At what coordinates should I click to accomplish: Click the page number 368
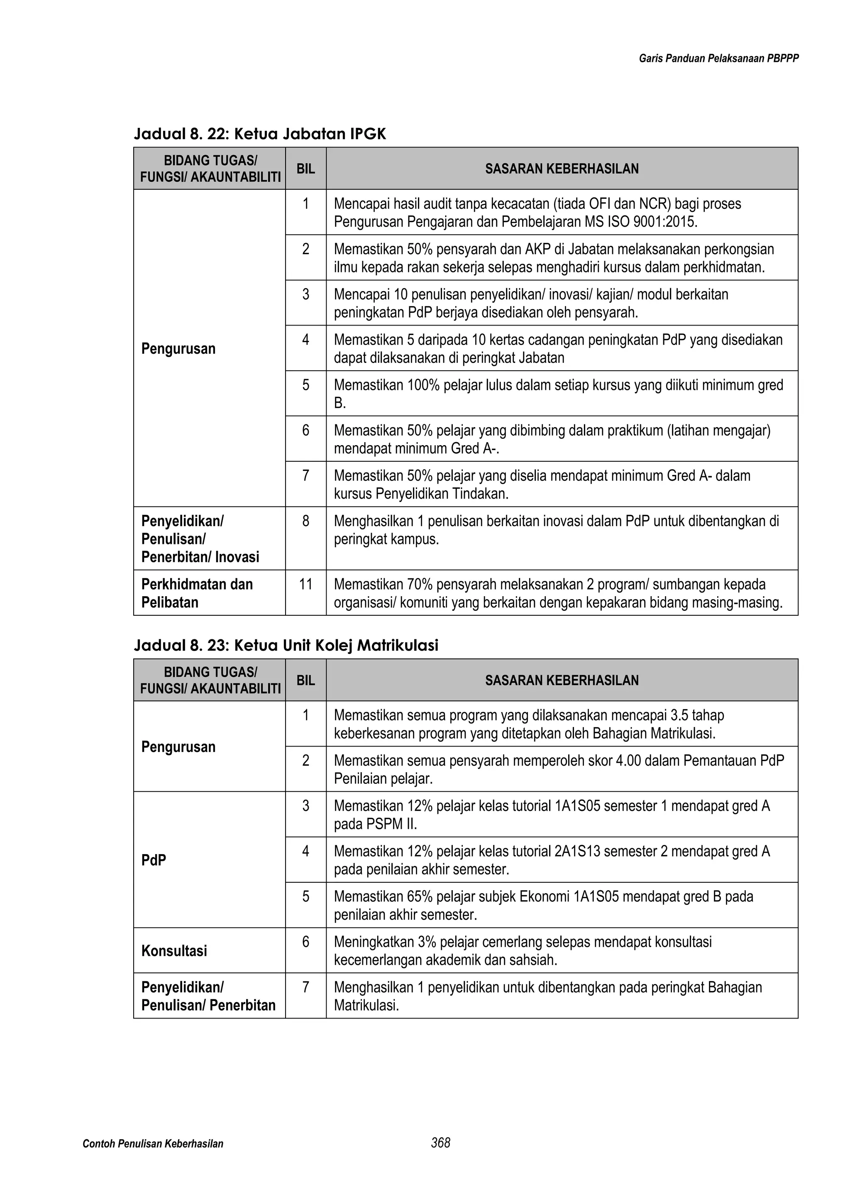[441, 1143]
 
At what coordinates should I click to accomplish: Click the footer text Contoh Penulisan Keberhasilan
[153, 1144]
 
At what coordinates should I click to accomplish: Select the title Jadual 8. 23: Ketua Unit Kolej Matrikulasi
[286, 646]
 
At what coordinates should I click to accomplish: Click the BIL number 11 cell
[305, 584]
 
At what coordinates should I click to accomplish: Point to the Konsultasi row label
[174, 951]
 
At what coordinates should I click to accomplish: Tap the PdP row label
[154, 860]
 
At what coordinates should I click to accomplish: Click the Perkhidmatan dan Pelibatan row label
[197, 593]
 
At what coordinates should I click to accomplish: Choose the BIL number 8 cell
[305, 521]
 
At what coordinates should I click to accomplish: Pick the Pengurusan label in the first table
[178, 349]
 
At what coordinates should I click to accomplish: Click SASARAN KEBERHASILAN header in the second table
[562, 681]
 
